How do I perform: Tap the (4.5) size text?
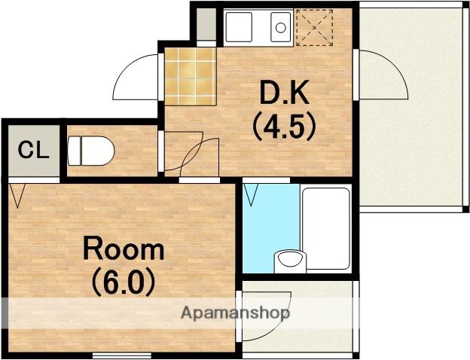click(285, 128)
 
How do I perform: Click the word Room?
click(124, 248)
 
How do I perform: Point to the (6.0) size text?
click(124, 282)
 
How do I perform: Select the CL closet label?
click(33, 150)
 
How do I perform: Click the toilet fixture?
click(91, 151)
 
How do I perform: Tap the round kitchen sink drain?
click(280, 28)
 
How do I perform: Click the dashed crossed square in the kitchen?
click(314, 28)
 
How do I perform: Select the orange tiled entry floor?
click(191, 77)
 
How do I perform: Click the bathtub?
click(326, 228)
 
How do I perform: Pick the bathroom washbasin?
click(290, 260)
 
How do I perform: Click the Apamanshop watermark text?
click(235, 313)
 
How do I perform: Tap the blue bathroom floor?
click(270, 227)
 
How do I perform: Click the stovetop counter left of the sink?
click(239, 27)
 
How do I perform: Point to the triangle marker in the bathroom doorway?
click(251, 195)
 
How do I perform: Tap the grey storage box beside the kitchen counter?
click(206, 25)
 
